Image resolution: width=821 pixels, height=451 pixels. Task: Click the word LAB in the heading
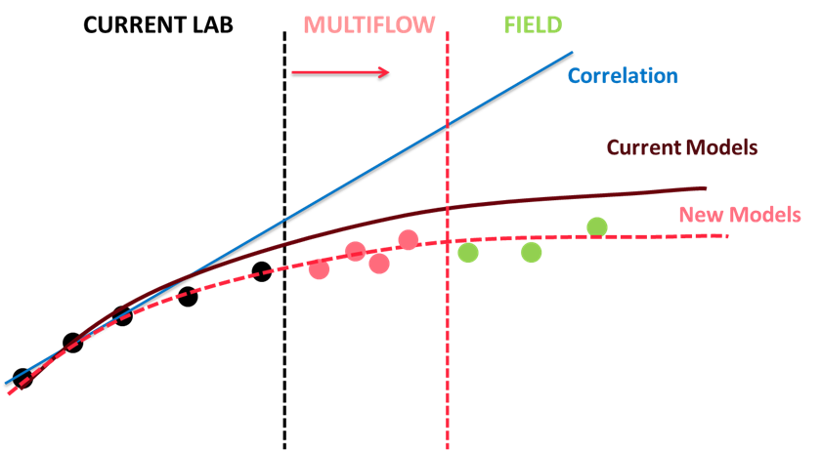point(212,25)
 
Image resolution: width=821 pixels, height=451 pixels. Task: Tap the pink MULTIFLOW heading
point(369,25)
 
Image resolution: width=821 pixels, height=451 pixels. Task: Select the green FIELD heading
point(533,25)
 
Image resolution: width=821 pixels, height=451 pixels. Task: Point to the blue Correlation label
point(623,76)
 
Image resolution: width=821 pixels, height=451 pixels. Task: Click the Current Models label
point(682,147)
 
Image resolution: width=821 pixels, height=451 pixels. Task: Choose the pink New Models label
point(740,215)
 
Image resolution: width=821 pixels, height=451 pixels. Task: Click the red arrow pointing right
point(340,72)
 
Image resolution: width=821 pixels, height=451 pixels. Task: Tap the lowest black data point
point(22,378)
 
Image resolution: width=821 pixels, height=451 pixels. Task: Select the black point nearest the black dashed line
point(262,271)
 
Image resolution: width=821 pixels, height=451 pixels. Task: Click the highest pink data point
point(408,239)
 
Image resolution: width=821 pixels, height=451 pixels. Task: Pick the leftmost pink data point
point(319,269)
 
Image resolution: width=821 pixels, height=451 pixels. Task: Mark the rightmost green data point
point(597,227)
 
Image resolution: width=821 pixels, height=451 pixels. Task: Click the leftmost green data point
point(468,253)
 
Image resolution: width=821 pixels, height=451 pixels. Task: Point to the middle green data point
point(532,253)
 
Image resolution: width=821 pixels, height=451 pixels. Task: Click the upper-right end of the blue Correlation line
point(573,53)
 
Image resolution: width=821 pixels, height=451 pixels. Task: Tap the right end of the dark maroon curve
point(706,187)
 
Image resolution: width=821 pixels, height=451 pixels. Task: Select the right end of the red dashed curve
point(727,236)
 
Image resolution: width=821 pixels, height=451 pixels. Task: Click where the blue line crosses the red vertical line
point(448,125)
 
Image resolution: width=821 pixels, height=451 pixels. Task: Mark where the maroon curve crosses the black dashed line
point(284,244)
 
